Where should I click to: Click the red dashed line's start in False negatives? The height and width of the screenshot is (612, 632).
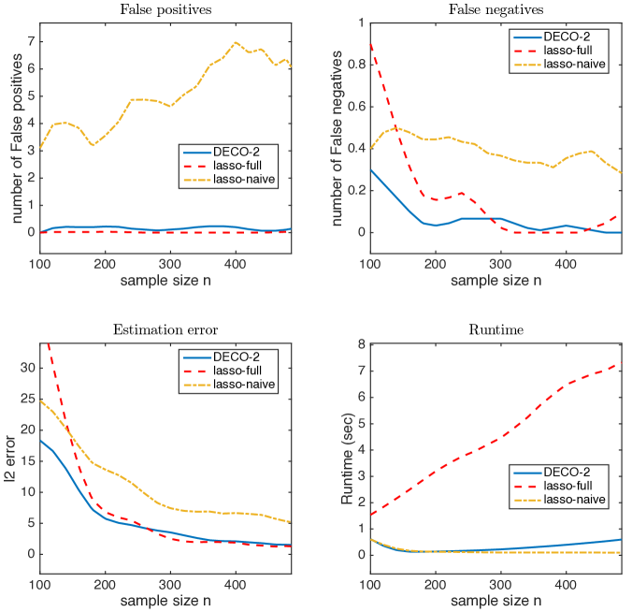tap(370, 44)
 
